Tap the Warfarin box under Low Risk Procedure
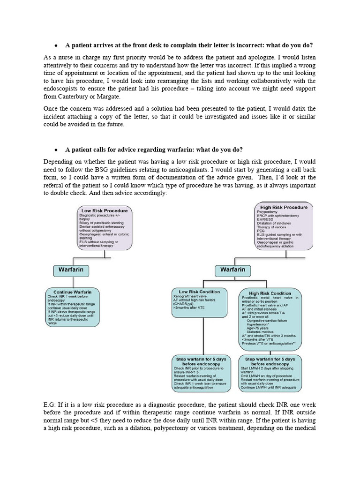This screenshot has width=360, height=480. (x=71, y=270)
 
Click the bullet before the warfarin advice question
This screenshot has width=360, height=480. (x=56, y=150)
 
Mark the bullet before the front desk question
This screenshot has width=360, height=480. (x=56, y=45)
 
